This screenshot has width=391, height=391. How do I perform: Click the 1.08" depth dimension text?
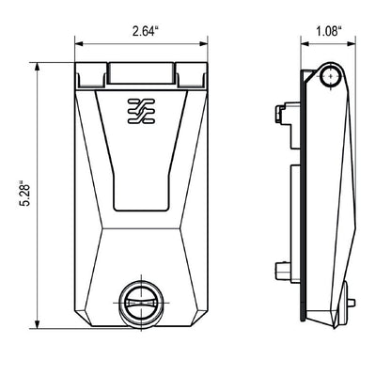click(325, 32)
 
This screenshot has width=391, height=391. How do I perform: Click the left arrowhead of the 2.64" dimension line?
click(79, 44)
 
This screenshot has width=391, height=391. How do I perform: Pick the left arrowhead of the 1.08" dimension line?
click(304, 44)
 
